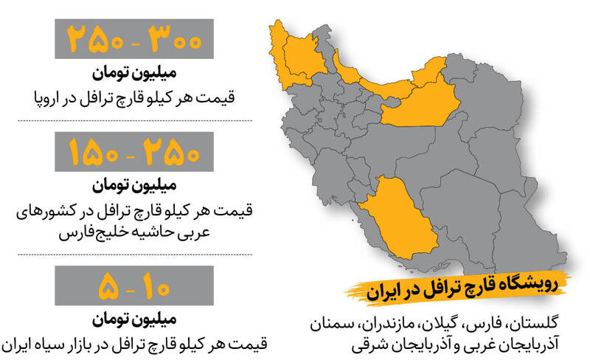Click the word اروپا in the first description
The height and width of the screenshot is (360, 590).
click(47, 97)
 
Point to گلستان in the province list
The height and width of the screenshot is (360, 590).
click(538, 324)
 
